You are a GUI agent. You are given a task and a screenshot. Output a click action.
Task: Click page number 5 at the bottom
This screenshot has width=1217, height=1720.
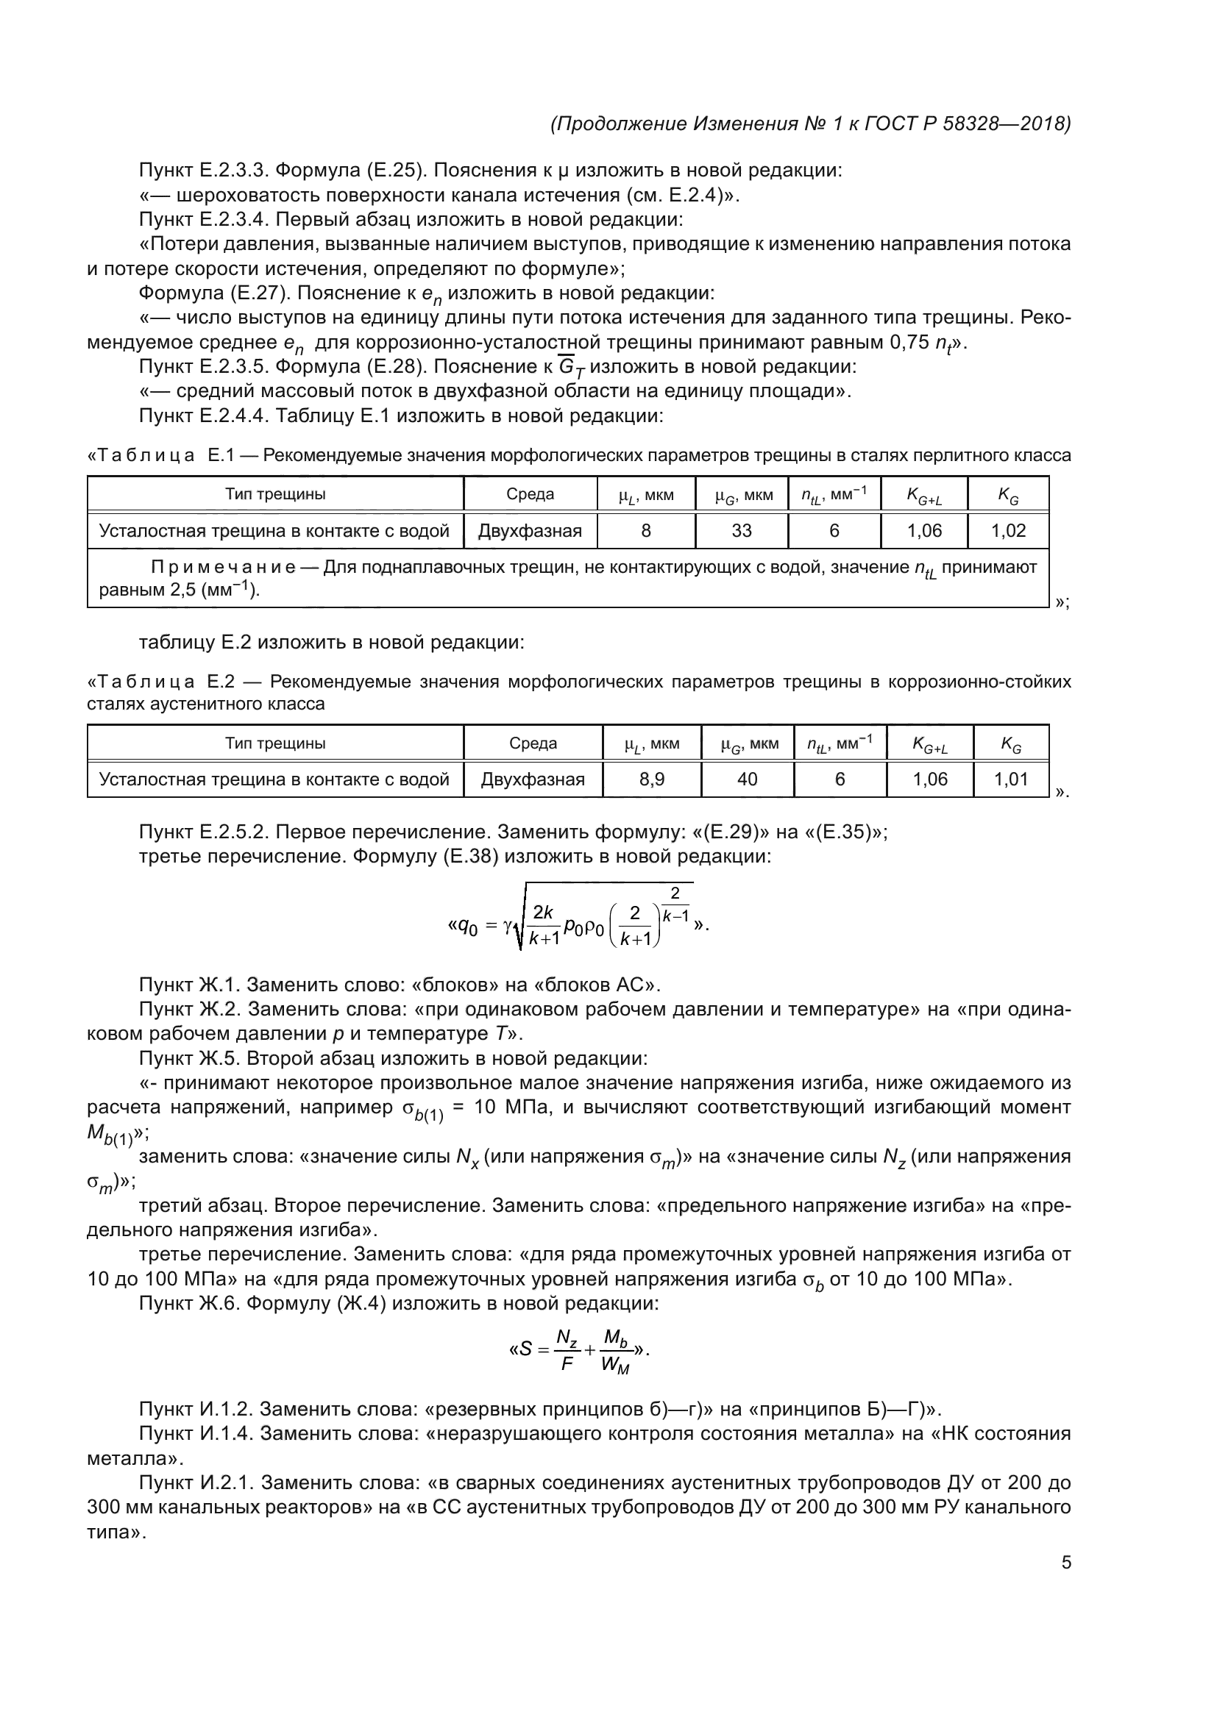point(1065,1563)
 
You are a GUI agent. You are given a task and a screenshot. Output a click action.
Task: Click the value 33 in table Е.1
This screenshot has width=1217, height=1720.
point(741,531)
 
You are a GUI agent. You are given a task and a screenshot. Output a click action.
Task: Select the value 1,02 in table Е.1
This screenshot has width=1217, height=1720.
point(1008,531)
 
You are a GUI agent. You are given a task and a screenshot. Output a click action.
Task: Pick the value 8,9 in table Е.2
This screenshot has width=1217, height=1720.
point(651,779)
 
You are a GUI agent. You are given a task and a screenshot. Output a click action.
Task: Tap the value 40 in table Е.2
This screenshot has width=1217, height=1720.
point(747,779)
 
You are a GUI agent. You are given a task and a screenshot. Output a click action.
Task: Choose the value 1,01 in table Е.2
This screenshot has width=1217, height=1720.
point(1010,779)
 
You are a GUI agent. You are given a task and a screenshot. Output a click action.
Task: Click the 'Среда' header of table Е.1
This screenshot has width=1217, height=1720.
point(530,494)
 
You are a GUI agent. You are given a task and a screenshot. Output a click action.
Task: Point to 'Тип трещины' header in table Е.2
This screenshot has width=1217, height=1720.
point(275,744)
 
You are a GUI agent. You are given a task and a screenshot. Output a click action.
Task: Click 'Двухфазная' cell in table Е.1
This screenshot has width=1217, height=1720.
point(530,531)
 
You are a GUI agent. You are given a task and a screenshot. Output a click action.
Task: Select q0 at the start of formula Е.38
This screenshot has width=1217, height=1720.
point(468,927)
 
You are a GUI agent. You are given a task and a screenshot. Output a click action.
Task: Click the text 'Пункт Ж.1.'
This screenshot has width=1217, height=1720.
point(188,985)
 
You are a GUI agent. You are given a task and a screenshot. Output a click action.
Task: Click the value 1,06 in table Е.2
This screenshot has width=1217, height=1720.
point(929,779)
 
